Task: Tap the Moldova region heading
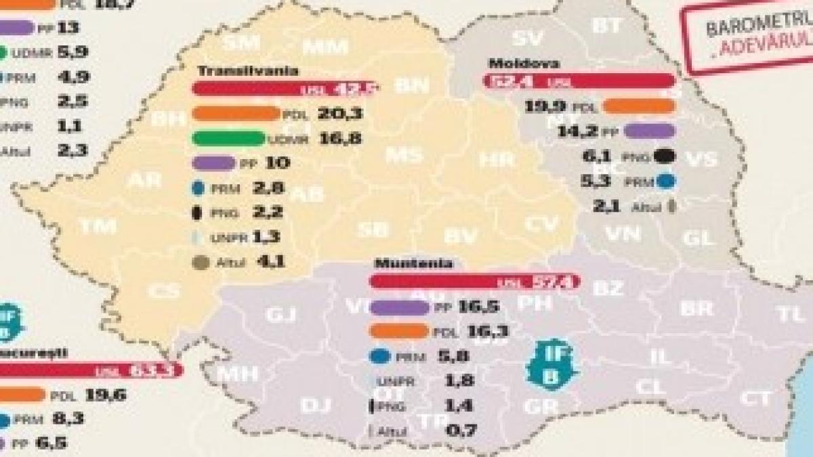pos(514,64)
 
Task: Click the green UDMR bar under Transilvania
pos(228,139)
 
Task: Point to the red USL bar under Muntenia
pos(474,281)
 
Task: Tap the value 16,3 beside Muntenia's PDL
pos(478,331)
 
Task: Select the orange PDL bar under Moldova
pos(638,106)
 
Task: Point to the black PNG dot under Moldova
pos(665,156)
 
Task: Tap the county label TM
pos(98,227)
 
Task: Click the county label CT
pos(755,398)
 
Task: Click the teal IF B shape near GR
pos(551,364)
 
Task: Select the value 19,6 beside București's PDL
pos(106,395)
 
